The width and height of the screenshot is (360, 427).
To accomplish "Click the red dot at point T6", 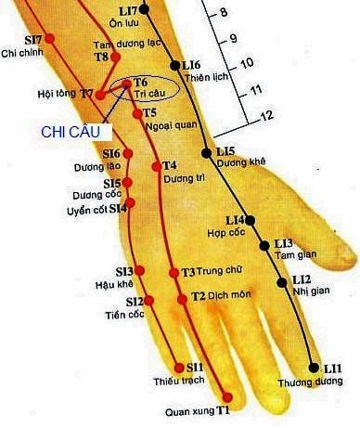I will [x=127, y=84].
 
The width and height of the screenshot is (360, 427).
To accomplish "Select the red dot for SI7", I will [x=50, y=39].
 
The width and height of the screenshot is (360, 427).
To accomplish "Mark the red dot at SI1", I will [x=178, y=368].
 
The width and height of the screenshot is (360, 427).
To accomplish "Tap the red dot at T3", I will [x=174, y=273].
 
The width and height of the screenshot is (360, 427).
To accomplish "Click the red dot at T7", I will [x=100, y=94].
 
